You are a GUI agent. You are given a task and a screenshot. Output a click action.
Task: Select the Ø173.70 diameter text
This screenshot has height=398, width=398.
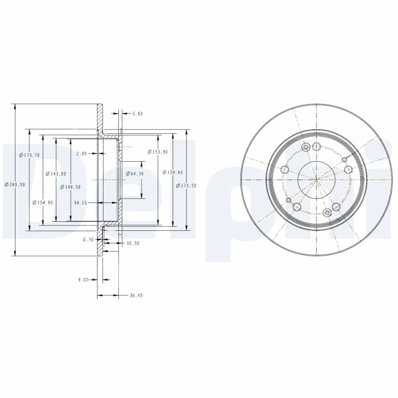click(29, 155)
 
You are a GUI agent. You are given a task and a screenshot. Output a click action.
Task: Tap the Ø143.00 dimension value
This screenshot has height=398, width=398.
click(55, 174)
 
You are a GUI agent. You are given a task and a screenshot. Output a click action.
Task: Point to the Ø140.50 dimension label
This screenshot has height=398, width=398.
click(70, 187)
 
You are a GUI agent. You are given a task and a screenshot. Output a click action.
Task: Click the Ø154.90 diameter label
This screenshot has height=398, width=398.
click(43, 202)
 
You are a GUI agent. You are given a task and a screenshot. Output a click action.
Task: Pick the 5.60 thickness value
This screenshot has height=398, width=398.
click(137, 114)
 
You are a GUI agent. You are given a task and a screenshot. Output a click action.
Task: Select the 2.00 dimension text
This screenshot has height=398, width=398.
click(82, 154)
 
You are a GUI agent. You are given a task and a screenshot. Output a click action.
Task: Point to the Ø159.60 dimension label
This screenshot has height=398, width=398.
click(173, 172)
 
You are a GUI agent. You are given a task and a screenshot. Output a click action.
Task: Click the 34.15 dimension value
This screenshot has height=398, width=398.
click(81, 202)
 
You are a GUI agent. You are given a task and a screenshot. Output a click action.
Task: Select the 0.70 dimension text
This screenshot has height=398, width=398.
click(89, 239)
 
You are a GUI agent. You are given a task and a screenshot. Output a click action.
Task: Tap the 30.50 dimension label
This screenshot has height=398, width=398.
click(133, 243)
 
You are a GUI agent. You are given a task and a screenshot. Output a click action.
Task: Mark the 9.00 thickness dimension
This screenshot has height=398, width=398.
click(83, 280)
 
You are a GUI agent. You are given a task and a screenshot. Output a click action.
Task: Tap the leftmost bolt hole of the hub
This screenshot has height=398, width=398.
click(285, 169)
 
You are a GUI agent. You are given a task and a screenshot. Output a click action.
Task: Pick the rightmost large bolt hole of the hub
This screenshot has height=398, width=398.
click(349, 169)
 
